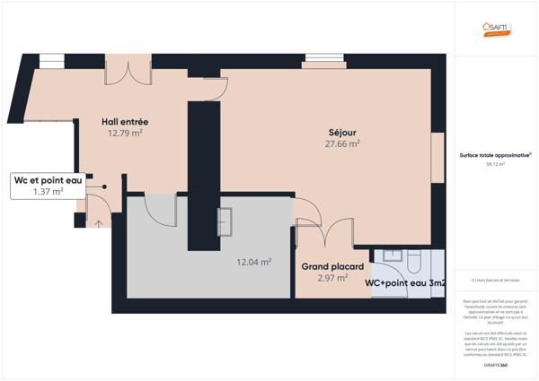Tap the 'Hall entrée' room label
click(125, 121)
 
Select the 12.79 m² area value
click(125, 133)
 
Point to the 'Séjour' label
click(342, 131)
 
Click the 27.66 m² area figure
click(342, 143)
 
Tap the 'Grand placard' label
click(332, 266)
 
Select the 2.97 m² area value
click(332, 278)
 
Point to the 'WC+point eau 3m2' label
click(405, 283)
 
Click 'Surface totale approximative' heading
click(495, 155)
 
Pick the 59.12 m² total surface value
click(495, 165)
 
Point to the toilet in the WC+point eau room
click(416, 261)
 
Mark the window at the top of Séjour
click(324, 61)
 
